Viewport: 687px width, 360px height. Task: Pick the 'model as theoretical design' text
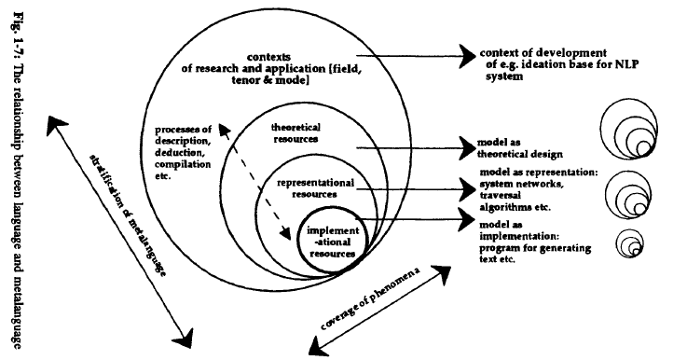(528, 149)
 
